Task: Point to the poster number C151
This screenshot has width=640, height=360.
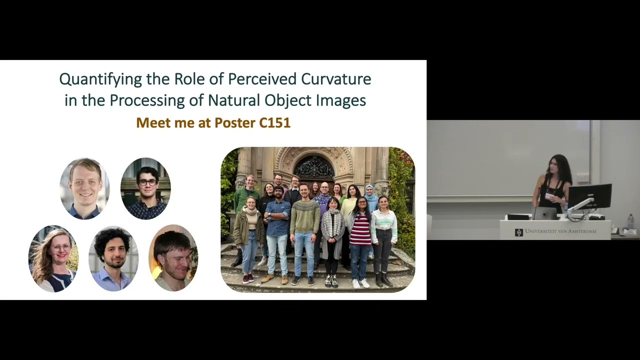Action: pyautogui.click(x=274, y=122)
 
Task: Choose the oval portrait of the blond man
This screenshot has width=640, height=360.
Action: pyautogui.click(x=84, y=188)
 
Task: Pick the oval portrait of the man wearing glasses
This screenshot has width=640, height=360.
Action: pyautogui.click(x=145, y=188)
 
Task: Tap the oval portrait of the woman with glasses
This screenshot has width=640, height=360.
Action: pyautogui.click(x=53, y=258)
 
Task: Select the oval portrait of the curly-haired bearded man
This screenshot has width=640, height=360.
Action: pyautogui.click(x=113, y=258)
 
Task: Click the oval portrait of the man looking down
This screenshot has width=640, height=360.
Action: pyautogui.click(x=173, y=258)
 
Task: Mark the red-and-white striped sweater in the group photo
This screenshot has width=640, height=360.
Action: pyautogui.click(x=360, y=229)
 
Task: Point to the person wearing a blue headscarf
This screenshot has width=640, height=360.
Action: pyautogui.click(x=370, y=196)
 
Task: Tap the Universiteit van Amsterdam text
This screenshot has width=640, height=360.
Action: pyautogui.click(x=560, y=231)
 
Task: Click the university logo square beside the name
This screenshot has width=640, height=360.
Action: pyautogui.click(x=519, y=232)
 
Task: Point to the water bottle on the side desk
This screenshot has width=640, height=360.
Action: pyautogui.click(x=630, y=221)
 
